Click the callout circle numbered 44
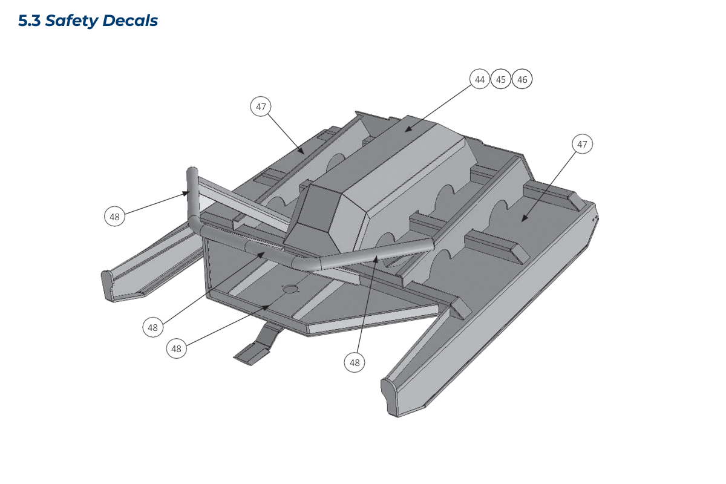click(480, 79)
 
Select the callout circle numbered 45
click(501, 79)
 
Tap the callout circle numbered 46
click(522, 79)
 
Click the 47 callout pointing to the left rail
click(261, 106)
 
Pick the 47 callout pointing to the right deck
click(583, 144)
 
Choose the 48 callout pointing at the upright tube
click(114, 216)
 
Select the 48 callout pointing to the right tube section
click(355, 362)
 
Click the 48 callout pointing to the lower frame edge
click(176, 348)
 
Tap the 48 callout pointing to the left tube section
click(152, 327)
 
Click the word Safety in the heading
click(71, 21)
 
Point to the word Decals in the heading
click(130, 21)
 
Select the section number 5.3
click(30, 21)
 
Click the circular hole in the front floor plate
click(290, 289)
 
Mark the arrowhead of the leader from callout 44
click(408, 129)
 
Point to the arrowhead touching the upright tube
click(186, 193)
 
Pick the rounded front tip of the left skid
click(108, 286)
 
